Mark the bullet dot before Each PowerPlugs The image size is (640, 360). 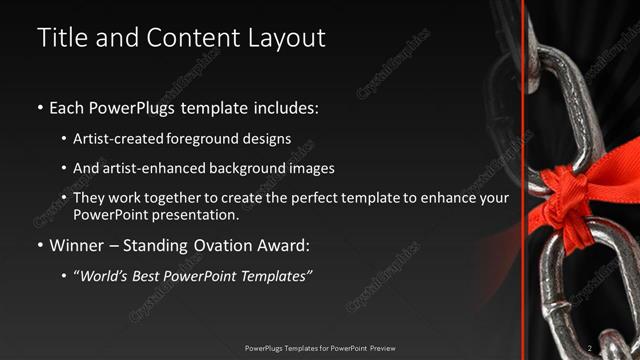40,107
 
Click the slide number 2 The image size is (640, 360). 590,348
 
